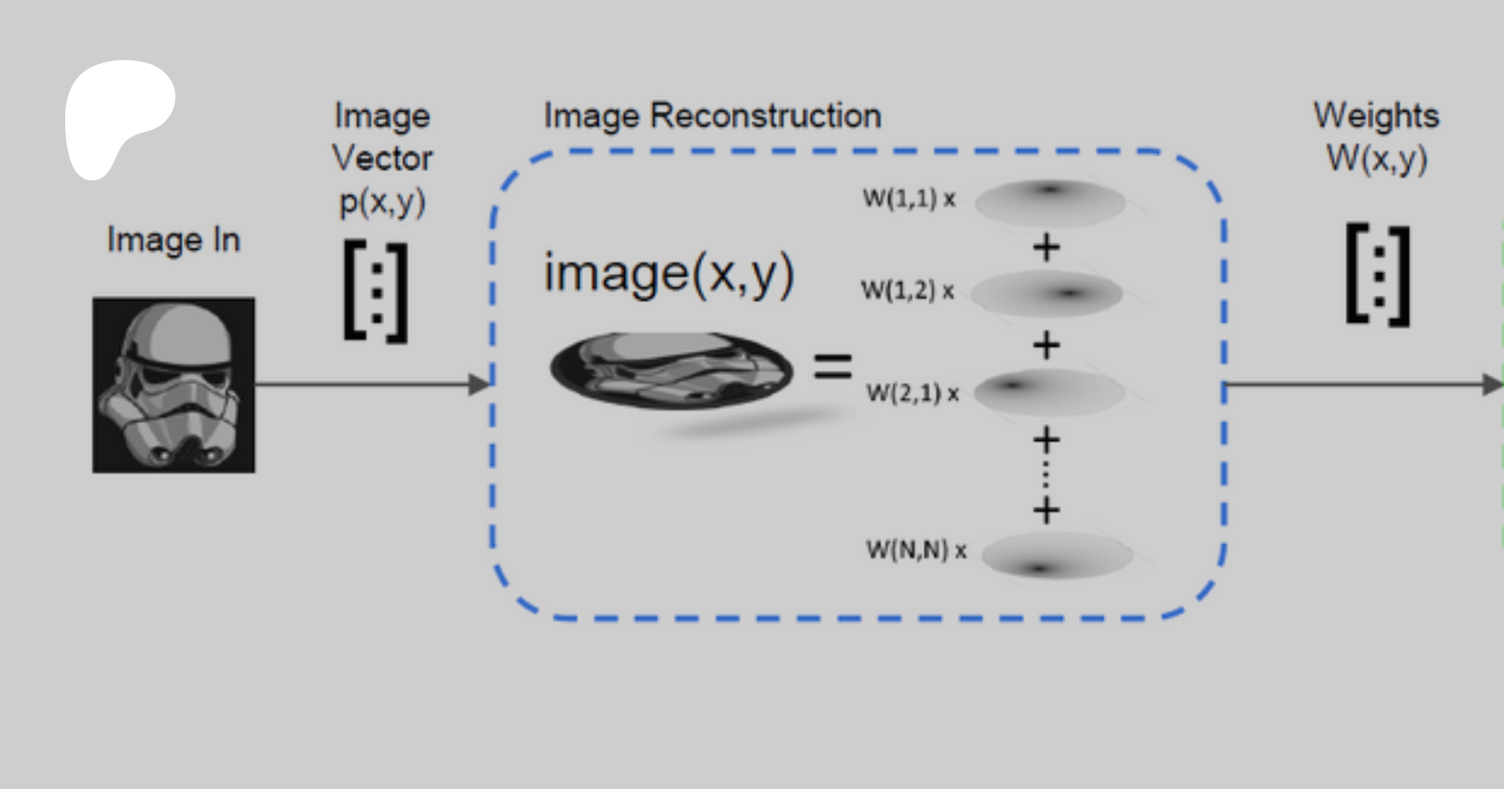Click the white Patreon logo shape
pos(117,113)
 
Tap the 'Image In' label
pos(174,240)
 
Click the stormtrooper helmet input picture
pos(174,385)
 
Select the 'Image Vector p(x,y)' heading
pos(383,158)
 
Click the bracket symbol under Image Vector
pos(376,291)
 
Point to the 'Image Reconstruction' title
pos(712,115)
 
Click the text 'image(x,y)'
pos(668,273)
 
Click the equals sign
pos(832,367)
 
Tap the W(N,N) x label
pos(916,550)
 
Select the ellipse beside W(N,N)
pos(1056,555)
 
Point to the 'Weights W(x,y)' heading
pos(1376,136)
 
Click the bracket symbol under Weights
pos(1378,275)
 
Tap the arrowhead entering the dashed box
pos(480,384)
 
